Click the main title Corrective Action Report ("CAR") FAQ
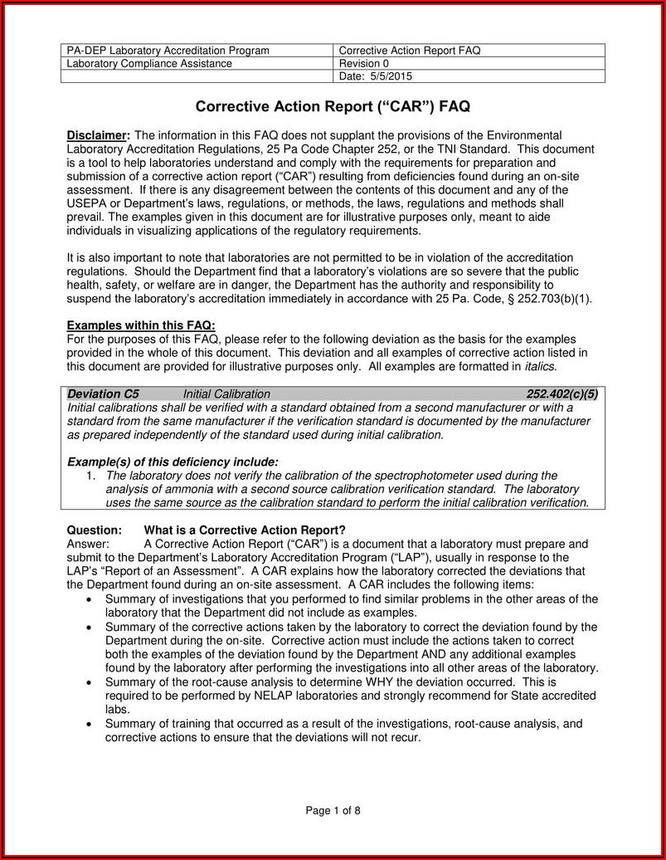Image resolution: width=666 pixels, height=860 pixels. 333,107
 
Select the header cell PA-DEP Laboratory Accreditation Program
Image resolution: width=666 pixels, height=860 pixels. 168,51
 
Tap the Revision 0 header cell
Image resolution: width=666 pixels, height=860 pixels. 364,64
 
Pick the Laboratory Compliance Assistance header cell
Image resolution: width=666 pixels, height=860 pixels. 149,64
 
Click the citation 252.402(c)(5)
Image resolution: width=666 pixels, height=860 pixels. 561,394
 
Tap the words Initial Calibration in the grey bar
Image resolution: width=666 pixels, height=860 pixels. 226,394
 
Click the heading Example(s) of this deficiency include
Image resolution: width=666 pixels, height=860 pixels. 173,462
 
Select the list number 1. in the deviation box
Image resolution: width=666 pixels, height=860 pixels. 91,476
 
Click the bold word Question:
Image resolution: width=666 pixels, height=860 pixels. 94,530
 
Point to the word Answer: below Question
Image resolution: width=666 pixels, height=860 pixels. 88,544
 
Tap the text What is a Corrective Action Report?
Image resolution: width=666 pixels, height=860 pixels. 245,530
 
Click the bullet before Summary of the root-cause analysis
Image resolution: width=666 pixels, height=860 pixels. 90,682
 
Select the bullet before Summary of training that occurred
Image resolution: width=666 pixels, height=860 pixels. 90,724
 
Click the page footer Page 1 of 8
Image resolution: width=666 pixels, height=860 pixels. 333,811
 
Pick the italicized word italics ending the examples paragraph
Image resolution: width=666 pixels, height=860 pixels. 539,366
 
